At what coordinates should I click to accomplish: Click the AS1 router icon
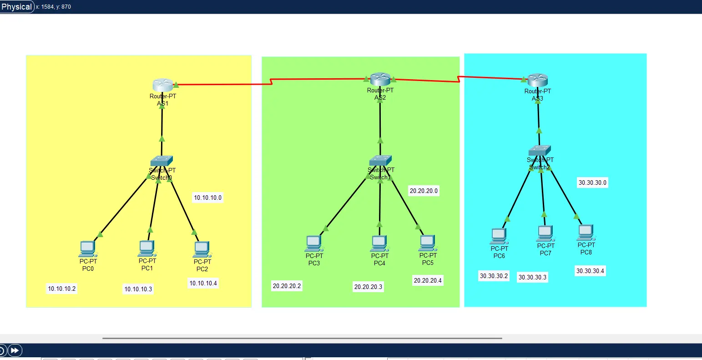tap(162, 85)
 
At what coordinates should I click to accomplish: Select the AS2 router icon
tap(380, 79)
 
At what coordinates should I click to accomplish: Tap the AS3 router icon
tap(537, 80)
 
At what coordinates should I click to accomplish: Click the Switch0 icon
tap(162, 161)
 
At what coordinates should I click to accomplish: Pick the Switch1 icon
tap(380, 160)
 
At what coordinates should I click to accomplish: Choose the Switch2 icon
tap(540, 151)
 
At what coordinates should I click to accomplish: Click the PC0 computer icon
tap(87, 249)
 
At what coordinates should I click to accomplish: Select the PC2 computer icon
tap(202, 249)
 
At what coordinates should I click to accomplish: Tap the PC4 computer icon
tap(379, 243)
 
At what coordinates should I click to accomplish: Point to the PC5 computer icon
tap(428, 243)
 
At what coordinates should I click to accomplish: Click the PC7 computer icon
tap(545, 233)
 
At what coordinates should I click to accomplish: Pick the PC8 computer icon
tap(586, 233)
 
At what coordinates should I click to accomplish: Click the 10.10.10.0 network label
tap(208, 198)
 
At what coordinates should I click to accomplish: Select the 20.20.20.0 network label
tap(424, 191)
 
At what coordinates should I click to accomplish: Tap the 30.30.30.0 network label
tap(592, 183)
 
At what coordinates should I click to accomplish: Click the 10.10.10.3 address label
tap(138, 289)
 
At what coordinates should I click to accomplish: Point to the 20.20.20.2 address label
tap(287, 286)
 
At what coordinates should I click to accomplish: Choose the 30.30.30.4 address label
tap(590, 271)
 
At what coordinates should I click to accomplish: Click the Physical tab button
tap(17, 7)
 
